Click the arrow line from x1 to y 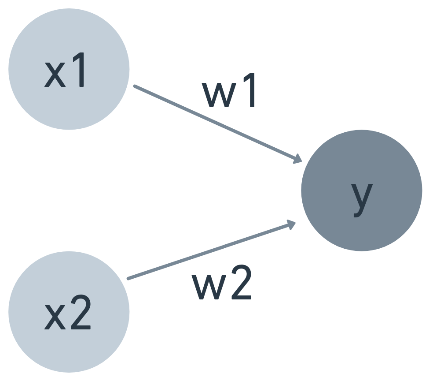pos(216,123)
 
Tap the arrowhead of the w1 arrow pos(297,160)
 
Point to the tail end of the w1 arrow pos(135,86)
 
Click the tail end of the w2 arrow pos(128,278)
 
